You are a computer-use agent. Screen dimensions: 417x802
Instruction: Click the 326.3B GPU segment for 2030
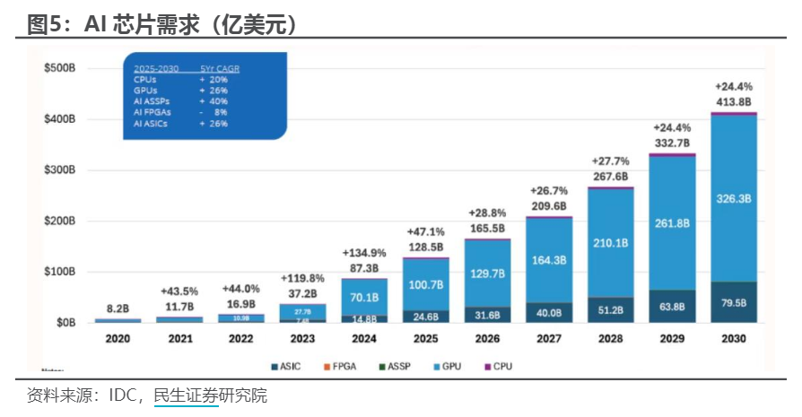[733, 199]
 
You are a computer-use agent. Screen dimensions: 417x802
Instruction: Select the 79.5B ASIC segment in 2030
[733, 302]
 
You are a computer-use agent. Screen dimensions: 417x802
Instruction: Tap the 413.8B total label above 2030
[733, 101]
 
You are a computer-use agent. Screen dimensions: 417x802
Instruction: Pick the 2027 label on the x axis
[548, 339]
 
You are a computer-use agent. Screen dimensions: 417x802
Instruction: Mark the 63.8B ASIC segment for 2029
[672, 306]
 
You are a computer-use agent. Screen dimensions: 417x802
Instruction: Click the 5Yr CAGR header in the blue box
[220, 69]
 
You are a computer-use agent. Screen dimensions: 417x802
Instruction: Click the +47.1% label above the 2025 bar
[425, 230]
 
